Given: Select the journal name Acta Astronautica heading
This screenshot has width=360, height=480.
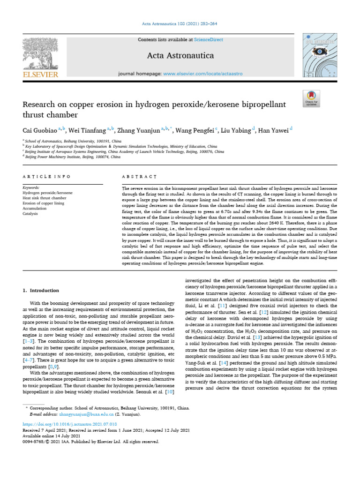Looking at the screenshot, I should [x=180, y=56].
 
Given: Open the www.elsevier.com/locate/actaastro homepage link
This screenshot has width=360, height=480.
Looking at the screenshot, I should [x=203, y=74].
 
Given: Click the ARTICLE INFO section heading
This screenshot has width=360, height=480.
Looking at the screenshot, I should [x=47, y=177].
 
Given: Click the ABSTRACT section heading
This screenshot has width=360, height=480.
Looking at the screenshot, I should [x=139, y=177].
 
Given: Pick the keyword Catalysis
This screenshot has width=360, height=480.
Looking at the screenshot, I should [x=31, y=213].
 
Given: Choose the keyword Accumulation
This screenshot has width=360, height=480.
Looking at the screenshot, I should [x=35, y=208].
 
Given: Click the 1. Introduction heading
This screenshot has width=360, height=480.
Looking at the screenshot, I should [x=41, y=291].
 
